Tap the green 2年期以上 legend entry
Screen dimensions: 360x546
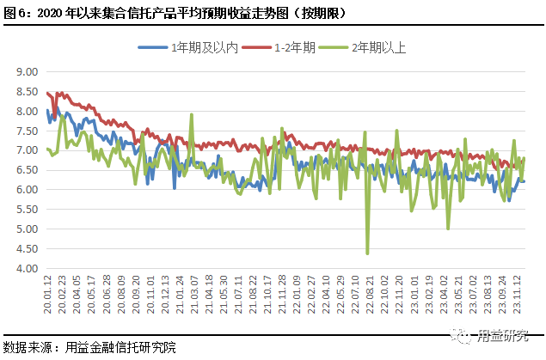pyautogui.click(x=362, y=49)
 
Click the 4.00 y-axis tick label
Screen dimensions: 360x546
pyautogui.click(x=29, y=269)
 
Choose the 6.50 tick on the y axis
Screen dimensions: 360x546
pyautogui.click(x=29, y=170)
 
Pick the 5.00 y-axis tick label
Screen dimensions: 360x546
pyautogui.click(x=29, y=229)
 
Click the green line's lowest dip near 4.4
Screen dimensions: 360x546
pyautogui.click(x=368, y=253)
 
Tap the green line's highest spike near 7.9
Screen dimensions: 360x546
pyautogui.click(x=191, y=114)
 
